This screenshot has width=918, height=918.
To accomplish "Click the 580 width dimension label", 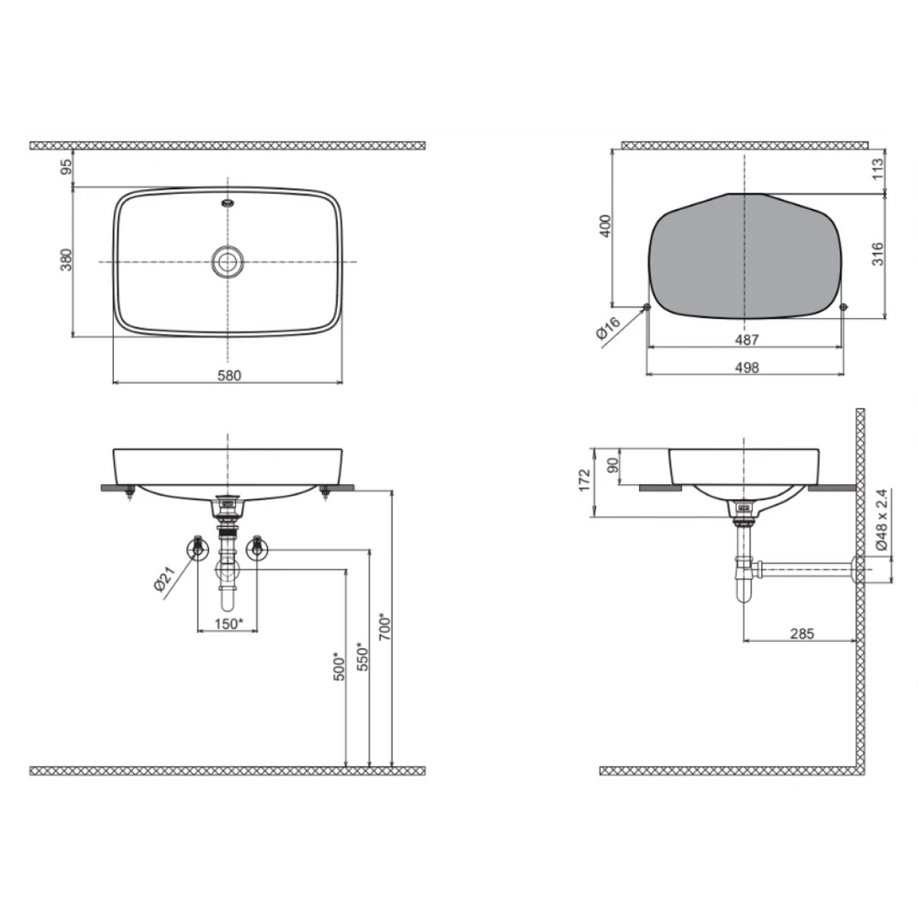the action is pos(229,376).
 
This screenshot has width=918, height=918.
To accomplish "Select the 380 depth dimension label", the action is pos(66,260).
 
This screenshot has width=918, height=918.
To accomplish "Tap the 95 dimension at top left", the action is pos(66,167).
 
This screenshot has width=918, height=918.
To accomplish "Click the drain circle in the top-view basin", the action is pos(228,261).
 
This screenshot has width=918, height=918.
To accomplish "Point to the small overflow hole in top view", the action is pos(228,204).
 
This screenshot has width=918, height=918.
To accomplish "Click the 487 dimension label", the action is pos(747,340).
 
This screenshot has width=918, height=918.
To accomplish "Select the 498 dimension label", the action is pos(747,367).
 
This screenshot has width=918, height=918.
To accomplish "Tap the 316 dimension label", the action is pos(878,254).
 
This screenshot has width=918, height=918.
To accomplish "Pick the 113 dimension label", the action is pos(878,169).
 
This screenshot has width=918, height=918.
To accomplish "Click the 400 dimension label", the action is pos(605,226).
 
